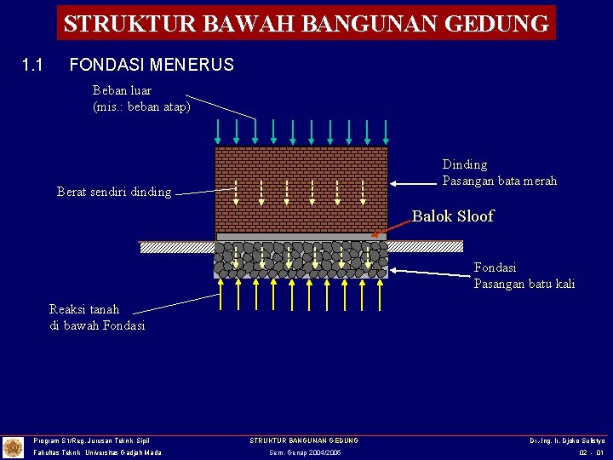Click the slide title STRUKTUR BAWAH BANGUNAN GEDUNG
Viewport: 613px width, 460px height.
[306, 23]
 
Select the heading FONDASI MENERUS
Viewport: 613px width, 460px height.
[151, 65]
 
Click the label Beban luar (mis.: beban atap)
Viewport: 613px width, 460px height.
[140, 99]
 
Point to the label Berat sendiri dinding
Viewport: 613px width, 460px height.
[113, 192]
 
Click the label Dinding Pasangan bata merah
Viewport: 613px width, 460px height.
[499, 172]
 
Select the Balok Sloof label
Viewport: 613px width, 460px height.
[452, 216]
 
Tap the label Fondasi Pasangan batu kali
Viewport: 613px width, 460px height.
[524, 275]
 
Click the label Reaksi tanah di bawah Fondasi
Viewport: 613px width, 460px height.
[97, 317]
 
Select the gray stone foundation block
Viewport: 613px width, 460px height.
[301, 260]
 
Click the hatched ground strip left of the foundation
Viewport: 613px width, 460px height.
[176, 247]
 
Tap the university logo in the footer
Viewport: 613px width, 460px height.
[13, 447]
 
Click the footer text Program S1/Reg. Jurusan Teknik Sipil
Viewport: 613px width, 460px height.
[91, 440]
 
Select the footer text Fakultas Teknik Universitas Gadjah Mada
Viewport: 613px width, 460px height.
[97, 452]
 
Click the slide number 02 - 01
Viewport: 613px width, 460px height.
[591, 452]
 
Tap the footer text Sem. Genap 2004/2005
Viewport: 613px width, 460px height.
[304, 452]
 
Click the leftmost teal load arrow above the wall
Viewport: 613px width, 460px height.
[219, 130]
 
